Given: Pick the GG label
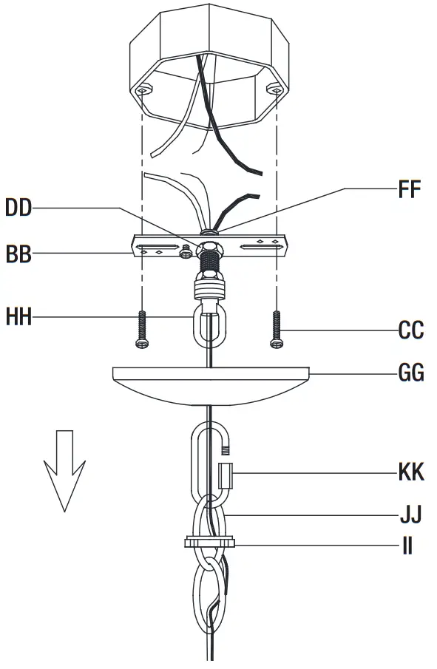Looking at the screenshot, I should [x=411, y=373].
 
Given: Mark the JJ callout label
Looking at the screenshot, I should [x=410, y=511].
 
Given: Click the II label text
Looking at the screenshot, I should [x=407, y=546].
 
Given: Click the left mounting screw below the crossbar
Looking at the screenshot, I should [x=143, y=330].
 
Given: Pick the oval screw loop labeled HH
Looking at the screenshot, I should [x=209, y=325].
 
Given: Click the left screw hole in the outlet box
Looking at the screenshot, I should [x=143, y=90].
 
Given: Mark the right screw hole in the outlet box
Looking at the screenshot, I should [x=274, y=90].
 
